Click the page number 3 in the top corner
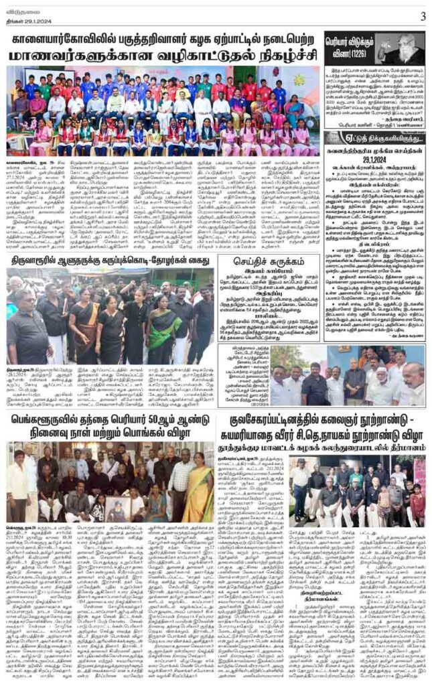coord(423,15)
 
